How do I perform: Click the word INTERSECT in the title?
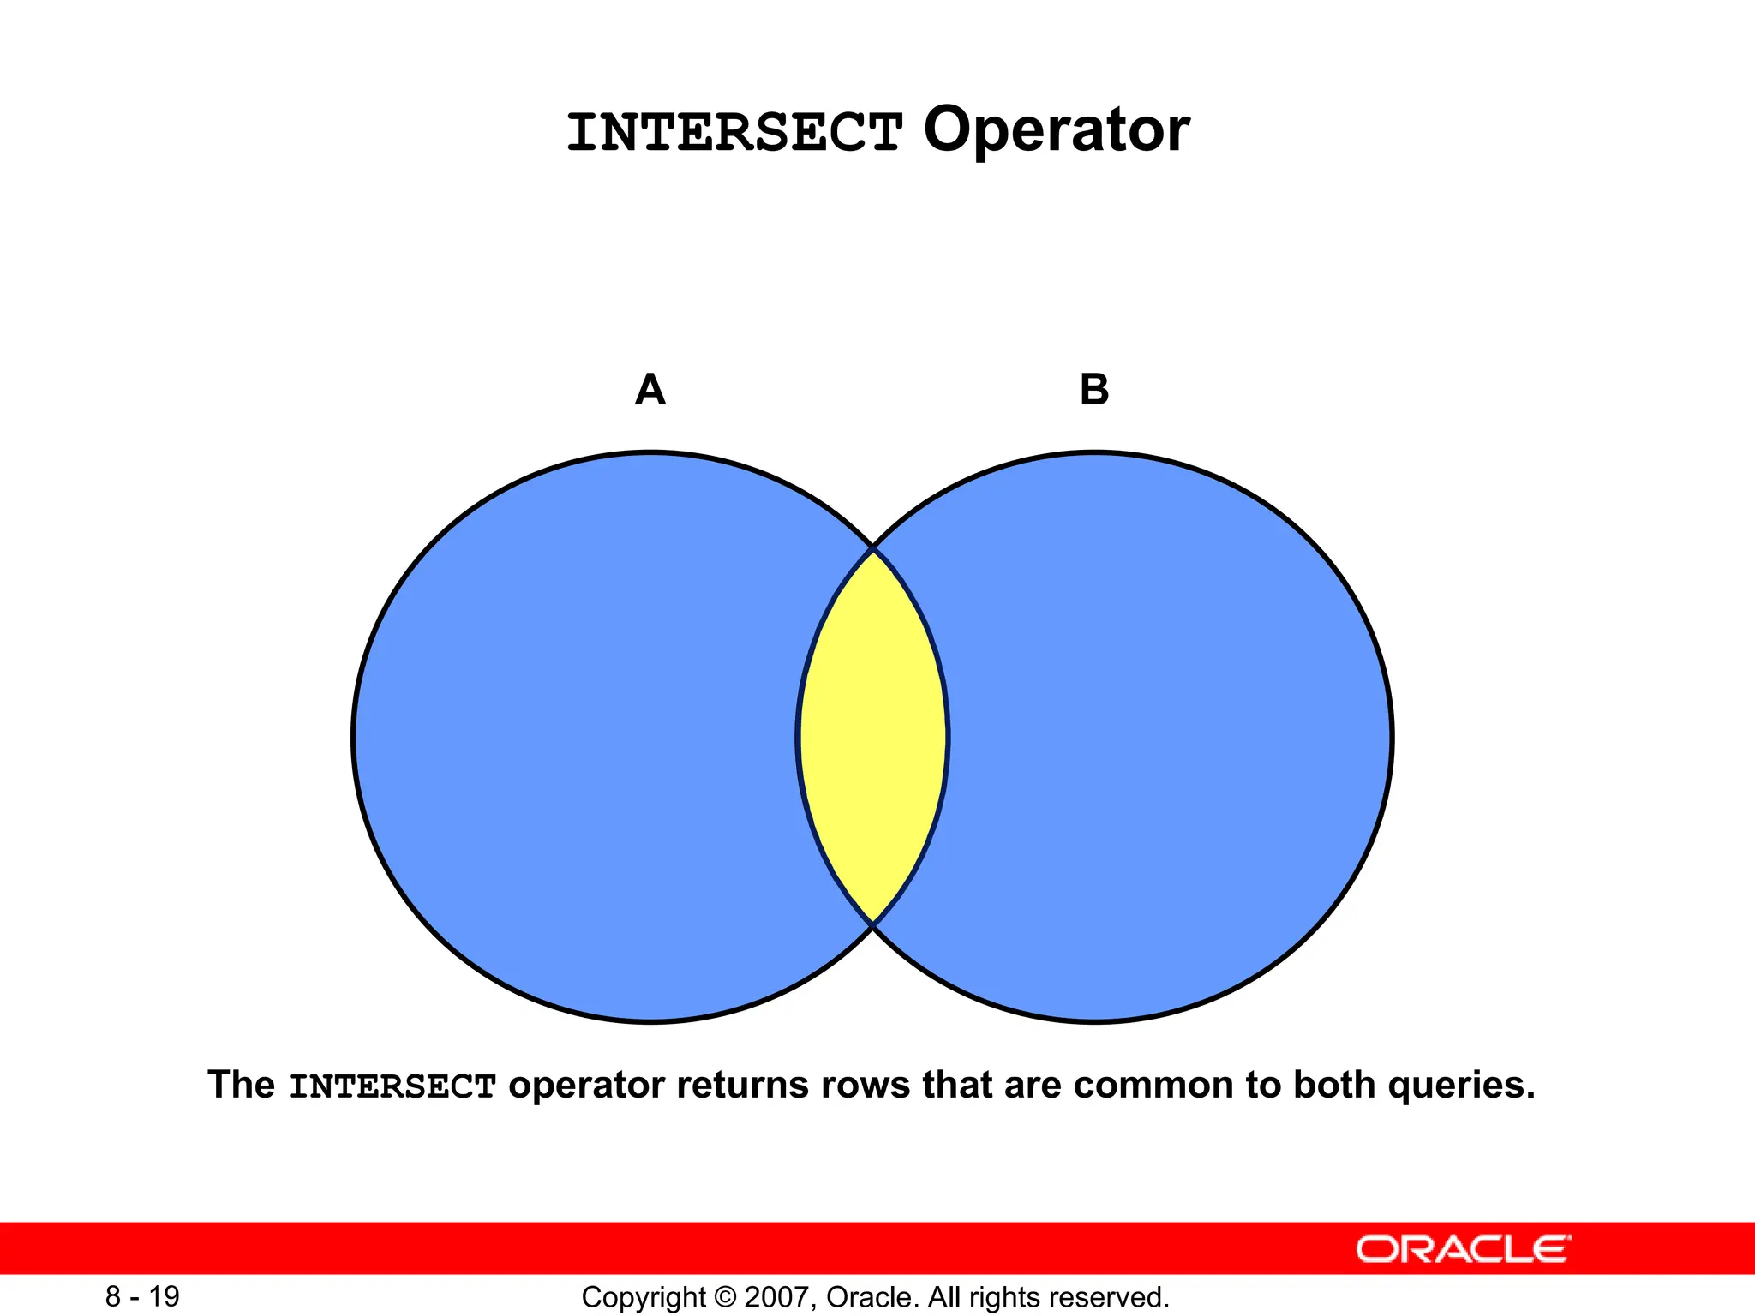click(734, 133)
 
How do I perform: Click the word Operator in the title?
click(1056, 130)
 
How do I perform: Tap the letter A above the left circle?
click(650, 390)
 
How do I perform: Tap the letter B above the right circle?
click(1094, 390)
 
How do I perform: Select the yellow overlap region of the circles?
click(872, 737)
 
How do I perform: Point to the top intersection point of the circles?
click(872, 547)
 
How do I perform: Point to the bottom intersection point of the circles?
click(872, 924)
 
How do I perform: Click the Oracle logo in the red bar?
click(1463, 1249)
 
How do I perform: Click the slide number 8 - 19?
click(142, 1296)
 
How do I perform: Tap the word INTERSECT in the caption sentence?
click(392, 1086)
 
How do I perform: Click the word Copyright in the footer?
click(643, 1297)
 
